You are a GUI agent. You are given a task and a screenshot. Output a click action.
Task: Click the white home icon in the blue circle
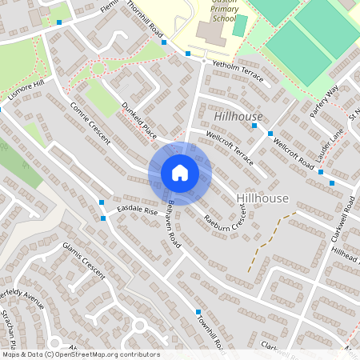[x=180, y=173]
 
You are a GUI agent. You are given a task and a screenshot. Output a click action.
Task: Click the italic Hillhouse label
[x=238, y=117]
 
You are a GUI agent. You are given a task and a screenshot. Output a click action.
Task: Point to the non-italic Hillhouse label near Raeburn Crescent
[x=262, y=197]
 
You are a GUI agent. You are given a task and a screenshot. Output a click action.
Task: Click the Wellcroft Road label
[x=294, y=151]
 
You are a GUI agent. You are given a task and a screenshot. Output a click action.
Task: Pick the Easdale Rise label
[x=137, y=210]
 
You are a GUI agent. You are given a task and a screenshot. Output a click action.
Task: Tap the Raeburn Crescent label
[x=225, y=212]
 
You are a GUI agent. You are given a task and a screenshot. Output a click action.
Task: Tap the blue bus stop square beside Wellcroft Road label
[x=270, y=133]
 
